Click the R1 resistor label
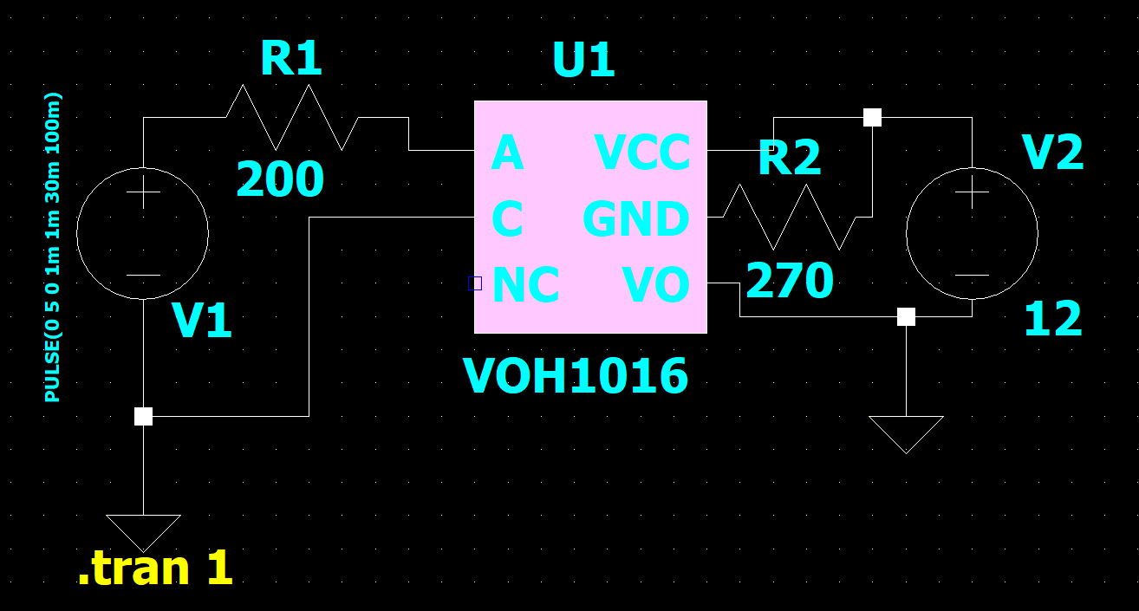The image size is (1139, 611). pos(291,60)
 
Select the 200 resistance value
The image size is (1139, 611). pos(279,181)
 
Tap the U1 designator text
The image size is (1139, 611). pos(583,62)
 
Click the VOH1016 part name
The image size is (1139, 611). pos(576,377)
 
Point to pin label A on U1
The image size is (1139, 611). pos(507,154)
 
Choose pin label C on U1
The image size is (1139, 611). pos(507,219)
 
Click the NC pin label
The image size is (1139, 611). pos(524,286)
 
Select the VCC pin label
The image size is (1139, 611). pos(642,154)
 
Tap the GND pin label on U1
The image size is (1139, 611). pos(635,219)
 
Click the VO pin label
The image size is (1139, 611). pos(655,286)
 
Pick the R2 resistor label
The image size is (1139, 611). pos(789,159)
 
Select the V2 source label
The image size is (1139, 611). pos(1052,153)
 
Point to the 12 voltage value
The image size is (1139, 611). pos(1052,320)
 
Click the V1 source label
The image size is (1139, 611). pos(202,322)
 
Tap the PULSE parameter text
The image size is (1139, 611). pos(53,247)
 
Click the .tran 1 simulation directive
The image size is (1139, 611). pos(155,569)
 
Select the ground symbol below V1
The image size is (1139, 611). pos(143,530)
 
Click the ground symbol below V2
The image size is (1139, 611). pos(906,432)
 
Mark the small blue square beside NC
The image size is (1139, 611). pos(474,283)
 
